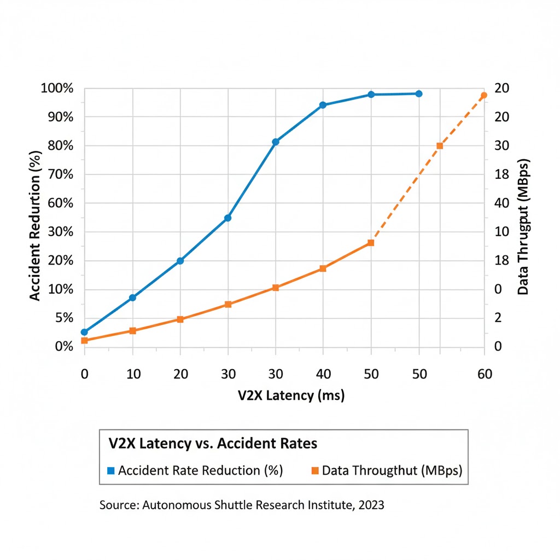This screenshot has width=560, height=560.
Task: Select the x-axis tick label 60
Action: (485, 374)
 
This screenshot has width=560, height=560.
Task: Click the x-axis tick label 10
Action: (133, 374)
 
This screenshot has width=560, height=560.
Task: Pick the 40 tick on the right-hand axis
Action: (502, 203)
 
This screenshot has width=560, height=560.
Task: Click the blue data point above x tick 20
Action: (180, 261)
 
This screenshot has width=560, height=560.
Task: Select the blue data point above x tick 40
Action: (323, 105)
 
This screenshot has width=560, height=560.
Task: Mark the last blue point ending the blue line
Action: (419, 94)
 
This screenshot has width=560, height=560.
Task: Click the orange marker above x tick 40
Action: (323, 269)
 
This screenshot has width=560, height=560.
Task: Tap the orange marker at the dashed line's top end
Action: (484, 96)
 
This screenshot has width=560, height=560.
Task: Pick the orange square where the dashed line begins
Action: (371, 243)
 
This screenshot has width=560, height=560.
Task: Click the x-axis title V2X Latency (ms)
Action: (291, 395)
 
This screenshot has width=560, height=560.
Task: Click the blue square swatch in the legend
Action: (111, 470)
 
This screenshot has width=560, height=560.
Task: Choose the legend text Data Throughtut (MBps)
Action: (392, 470)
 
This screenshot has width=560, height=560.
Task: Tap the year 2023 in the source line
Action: (371, 505)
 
